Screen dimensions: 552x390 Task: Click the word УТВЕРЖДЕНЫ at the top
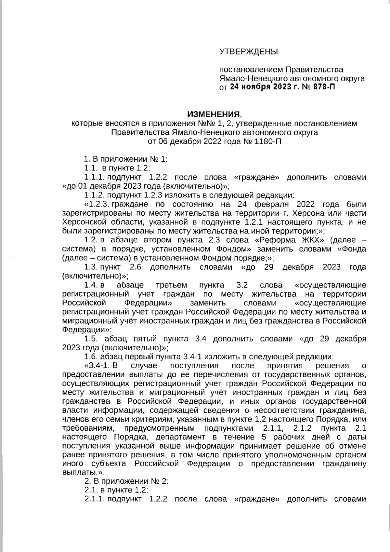pyautogui.click(x=249, y=52)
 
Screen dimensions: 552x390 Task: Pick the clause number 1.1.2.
pyautogui.click(x=95, y=195)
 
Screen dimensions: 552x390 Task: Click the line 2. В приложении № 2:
pyautogui.click(x=126, y=481)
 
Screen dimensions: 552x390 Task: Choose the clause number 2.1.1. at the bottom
pyautogui.click(x=95, y=499)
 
